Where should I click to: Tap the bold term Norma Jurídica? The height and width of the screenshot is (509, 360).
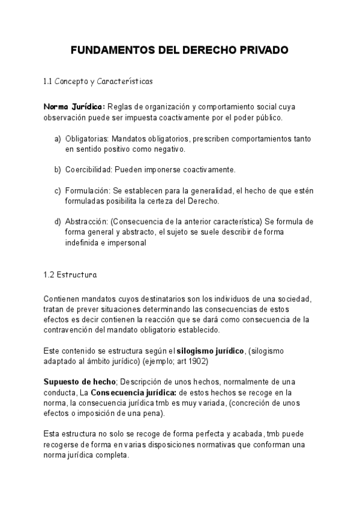pos(74,107)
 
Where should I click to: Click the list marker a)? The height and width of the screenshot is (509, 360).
pos(58,139)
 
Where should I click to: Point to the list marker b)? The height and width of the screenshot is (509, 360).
pos(58,169)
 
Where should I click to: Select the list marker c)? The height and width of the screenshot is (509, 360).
pos(58,190)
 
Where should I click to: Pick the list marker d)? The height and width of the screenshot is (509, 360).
pos(58,221)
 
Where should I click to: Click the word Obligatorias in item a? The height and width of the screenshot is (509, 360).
pos(87,139)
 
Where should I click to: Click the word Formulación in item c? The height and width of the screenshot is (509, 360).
pos(88,190)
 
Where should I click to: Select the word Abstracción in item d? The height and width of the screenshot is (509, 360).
pos(87,221)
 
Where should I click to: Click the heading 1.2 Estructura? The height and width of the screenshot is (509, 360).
pos(70,276)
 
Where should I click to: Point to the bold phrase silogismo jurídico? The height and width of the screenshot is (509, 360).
pos(210,350)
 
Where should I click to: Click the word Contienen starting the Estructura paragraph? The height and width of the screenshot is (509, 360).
pos(62,299)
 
